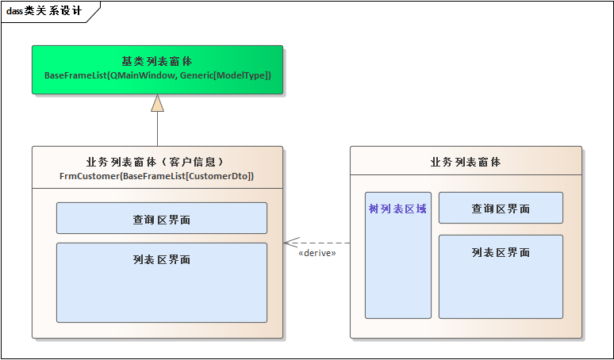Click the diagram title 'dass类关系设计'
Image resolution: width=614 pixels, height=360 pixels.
pyautogui.click(x=44, y=10)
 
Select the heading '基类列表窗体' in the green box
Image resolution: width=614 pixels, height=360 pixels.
pyautogui.click(x=157, y=61)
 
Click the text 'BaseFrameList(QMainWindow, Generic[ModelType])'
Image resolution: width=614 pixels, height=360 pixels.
pyautogui.click(x=157, y=75)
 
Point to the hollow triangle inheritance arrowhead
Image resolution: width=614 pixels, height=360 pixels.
pyautogui.click(x=157, y=103)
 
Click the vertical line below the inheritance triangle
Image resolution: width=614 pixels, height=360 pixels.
pyautogui.click(x=157, y=128)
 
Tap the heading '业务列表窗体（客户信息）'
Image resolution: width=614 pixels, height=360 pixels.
pyautogui.click(x=157, y=162)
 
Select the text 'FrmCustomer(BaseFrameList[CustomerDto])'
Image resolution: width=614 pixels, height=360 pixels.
pyautogui.click(x=157, y=175)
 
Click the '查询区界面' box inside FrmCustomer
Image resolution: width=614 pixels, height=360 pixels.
pyautogui.click(x=161, y=218)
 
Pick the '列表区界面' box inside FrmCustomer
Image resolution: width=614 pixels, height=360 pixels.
pyautogui.click(x=161, y=281)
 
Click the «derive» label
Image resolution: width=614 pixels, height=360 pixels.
pyautogui.click(x=317, y=253)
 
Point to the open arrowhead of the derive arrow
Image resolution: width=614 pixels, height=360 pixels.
pyautogui.click(x=289, y=243)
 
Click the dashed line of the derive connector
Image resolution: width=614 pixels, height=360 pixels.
pyautogui.click(x=325, y=243)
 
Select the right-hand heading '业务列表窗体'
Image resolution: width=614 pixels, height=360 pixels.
pyautogui.click(x=466, y=162)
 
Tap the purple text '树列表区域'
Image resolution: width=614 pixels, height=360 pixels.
pyautogui.click(x=397, y=209)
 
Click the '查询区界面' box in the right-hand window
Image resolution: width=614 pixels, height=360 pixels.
pyautogui.click(x=501, y=208)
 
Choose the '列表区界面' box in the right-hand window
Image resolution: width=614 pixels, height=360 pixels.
pyautogui.click(x=501, y=276)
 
